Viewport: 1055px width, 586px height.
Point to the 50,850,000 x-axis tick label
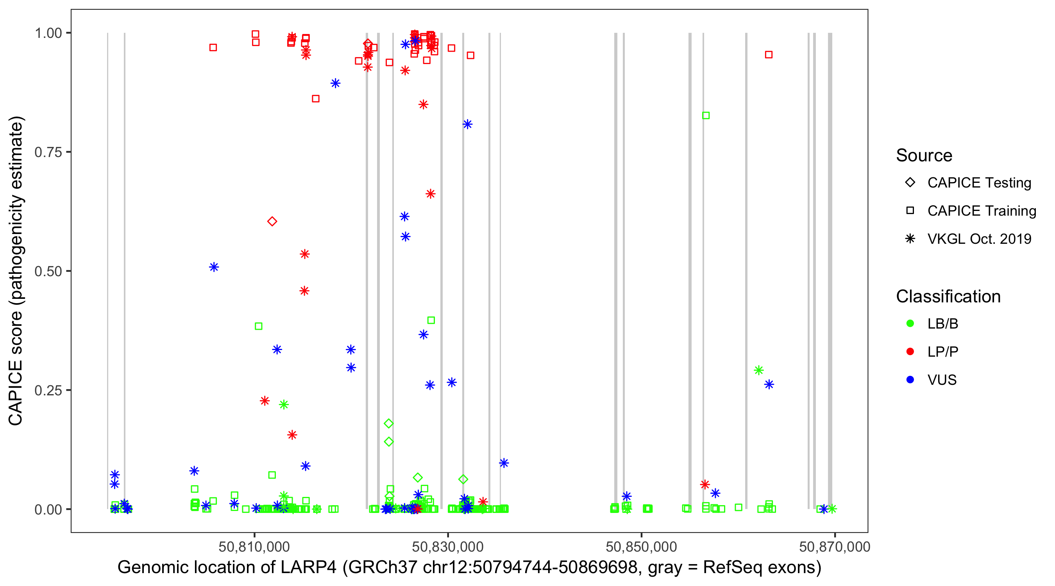641,547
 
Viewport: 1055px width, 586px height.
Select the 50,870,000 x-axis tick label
835,547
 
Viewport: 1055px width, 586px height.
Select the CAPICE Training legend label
982,211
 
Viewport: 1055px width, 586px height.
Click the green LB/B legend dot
910,323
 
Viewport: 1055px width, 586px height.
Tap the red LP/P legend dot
910,352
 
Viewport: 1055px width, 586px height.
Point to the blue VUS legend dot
910,380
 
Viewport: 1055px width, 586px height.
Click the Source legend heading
924,155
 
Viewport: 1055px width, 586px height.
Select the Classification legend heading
948,297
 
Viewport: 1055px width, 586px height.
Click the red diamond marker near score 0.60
272,222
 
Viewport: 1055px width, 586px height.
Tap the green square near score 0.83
706,116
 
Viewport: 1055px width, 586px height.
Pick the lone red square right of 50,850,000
769,55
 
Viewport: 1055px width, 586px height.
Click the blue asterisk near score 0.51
214,267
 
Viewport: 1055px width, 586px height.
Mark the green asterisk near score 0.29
758,370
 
